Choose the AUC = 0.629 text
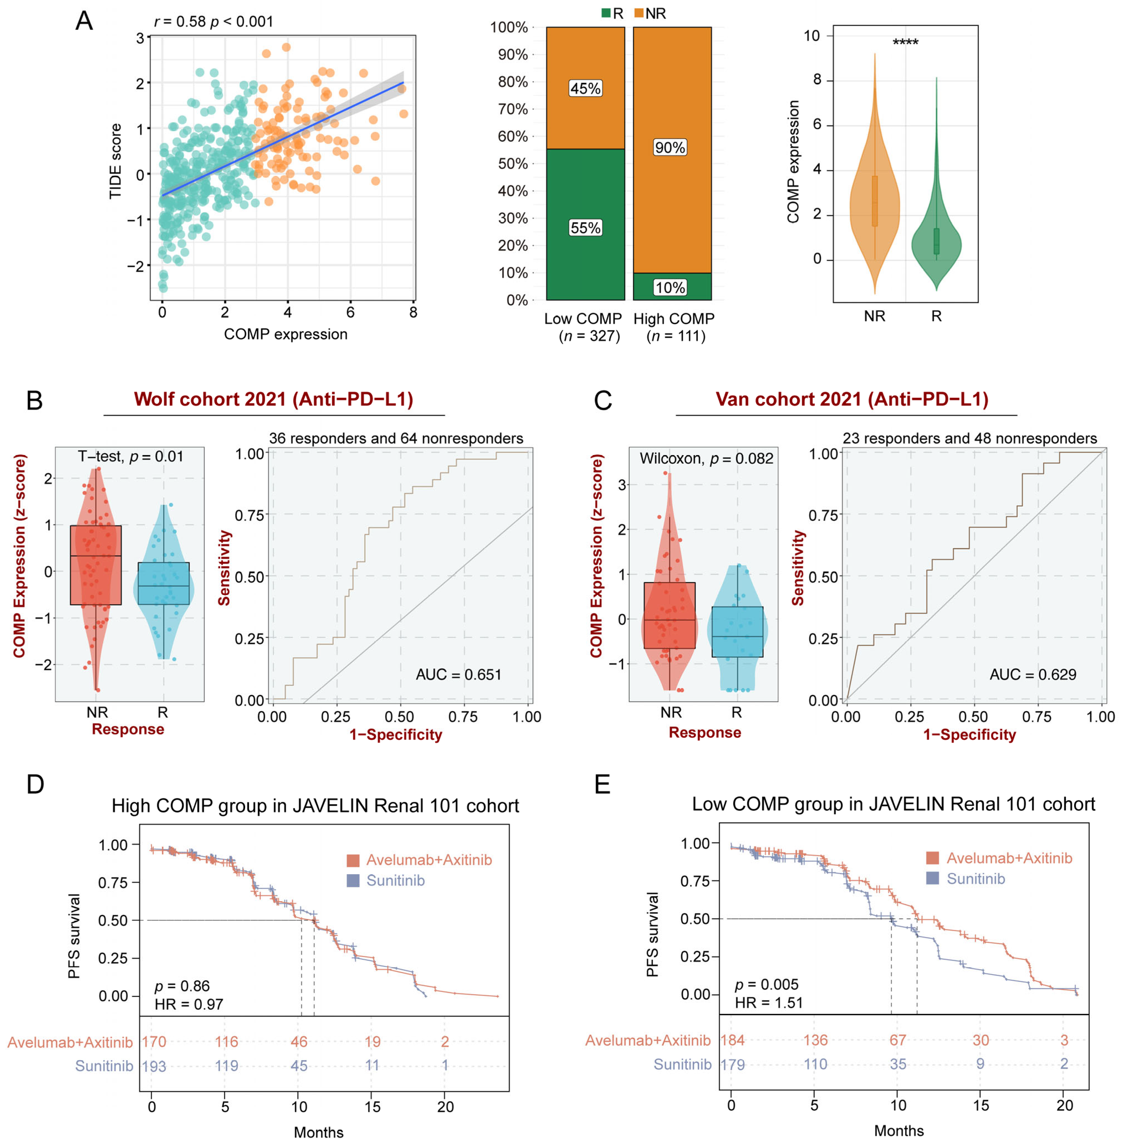[1033, 674]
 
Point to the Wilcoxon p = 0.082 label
[706, 459]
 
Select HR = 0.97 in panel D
[189, 1004]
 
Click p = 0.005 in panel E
[766, 984]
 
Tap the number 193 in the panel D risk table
[154, 1066]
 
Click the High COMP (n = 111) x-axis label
[674, 327]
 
